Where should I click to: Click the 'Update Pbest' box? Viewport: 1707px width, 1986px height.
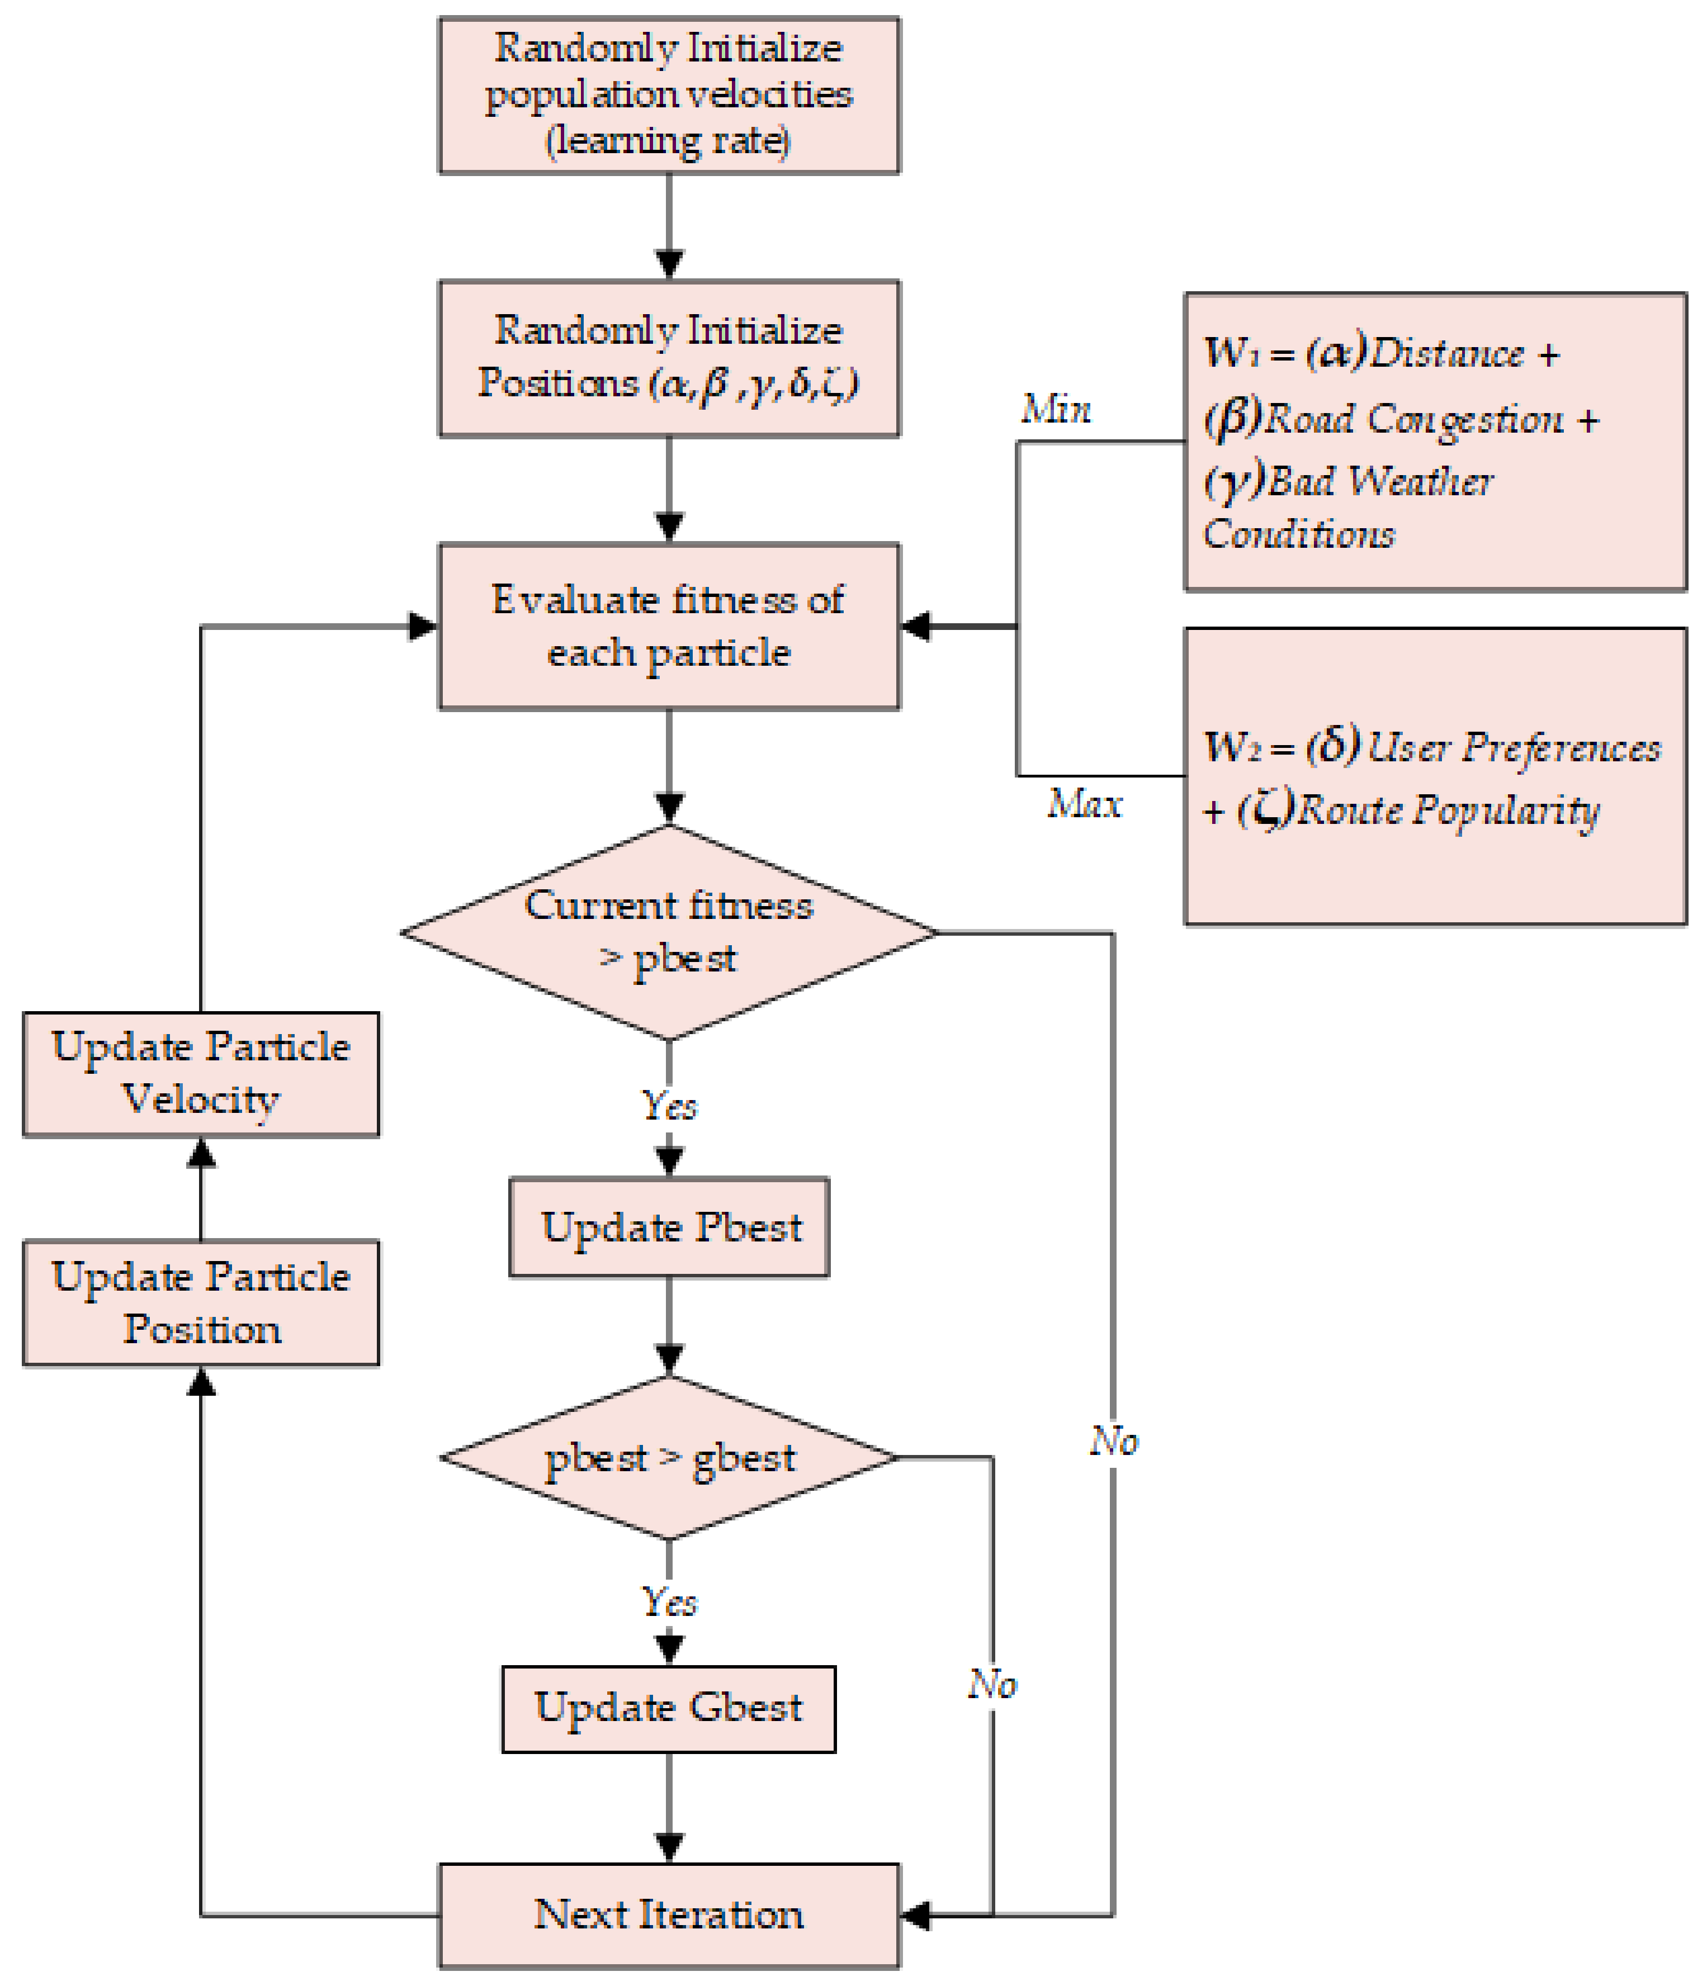(x=668, y=1228)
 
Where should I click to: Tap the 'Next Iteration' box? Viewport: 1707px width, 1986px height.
(x=668, y=1914)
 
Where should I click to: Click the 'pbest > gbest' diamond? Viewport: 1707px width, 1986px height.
(x=668, y=1458)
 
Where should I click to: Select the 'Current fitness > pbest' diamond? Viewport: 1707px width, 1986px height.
(x=668, y=932)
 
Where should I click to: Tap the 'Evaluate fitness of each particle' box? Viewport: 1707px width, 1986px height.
(x=668, y=626)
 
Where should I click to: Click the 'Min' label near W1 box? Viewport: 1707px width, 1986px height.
(x=1056, y=409)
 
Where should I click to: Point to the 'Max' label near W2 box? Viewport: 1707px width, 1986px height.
(x=1084, y=803)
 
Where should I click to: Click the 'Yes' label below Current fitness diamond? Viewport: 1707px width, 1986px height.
(x=668, y=1105)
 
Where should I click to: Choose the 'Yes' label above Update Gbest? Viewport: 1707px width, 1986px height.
(x=668, y=1601)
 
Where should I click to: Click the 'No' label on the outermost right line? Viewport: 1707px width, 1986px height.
(x=1113, y=1440)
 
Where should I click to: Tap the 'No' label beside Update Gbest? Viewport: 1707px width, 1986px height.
(x=991, y=1684)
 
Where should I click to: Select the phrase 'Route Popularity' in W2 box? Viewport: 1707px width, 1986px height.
(x=1448, y=810)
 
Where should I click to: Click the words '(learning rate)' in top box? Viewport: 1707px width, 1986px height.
(x=668, y=141)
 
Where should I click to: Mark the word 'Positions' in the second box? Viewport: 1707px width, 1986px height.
(x=558, y=382)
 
